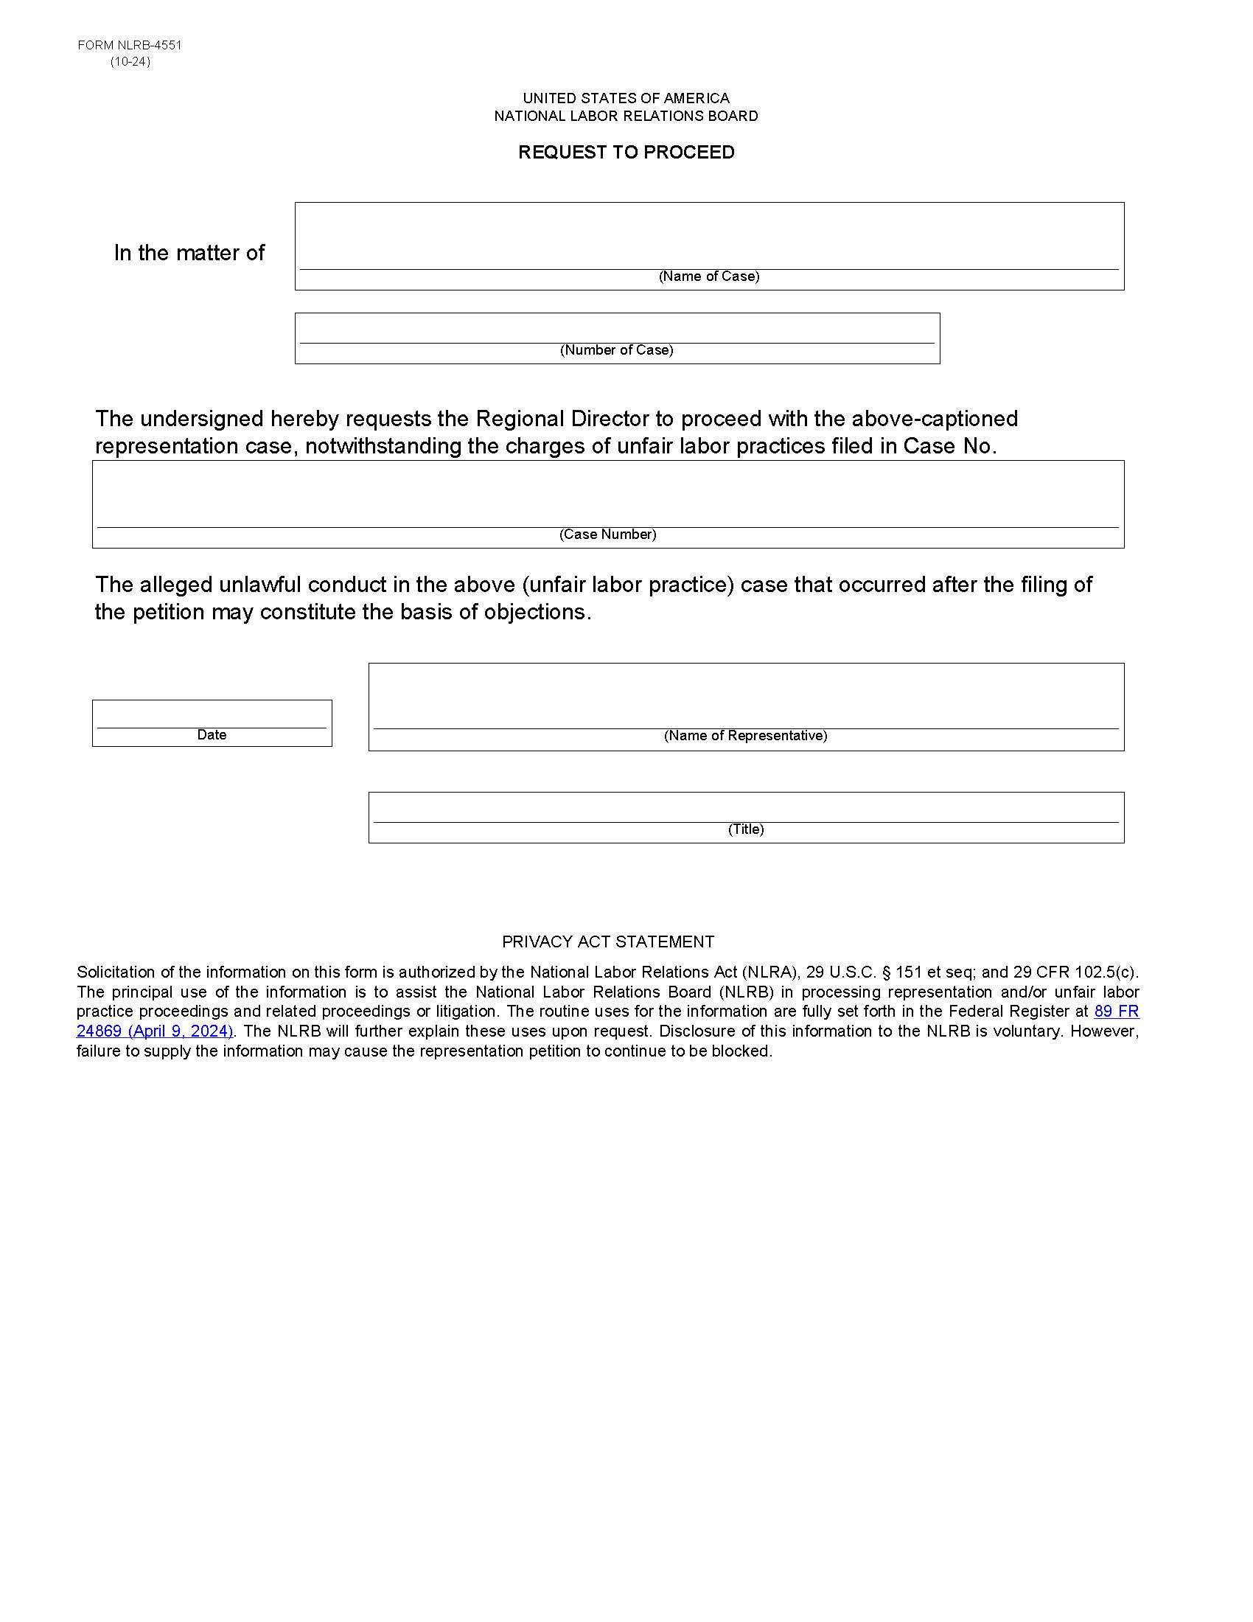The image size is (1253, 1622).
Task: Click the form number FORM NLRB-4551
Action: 129,45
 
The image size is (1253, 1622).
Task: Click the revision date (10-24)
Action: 130,62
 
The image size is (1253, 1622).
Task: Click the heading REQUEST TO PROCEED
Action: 626,153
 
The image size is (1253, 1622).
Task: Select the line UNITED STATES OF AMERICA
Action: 626,98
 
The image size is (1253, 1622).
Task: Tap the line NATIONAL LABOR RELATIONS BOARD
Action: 626,116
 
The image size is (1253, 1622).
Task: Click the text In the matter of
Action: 189,253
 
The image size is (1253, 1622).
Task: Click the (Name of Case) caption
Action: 708,276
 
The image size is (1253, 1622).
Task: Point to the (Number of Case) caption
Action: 616,349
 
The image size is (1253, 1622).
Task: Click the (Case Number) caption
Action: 607,534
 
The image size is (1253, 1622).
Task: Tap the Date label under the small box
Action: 212,734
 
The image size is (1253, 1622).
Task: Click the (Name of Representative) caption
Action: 745,735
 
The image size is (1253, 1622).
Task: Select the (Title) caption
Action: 745,829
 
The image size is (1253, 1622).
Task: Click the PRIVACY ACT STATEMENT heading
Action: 607,941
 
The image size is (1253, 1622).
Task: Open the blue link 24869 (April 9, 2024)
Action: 154,1031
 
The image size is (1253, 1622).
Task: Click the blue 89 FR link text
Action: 1116,1011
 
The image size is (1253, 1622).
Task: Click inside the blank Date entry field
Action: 212,714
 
